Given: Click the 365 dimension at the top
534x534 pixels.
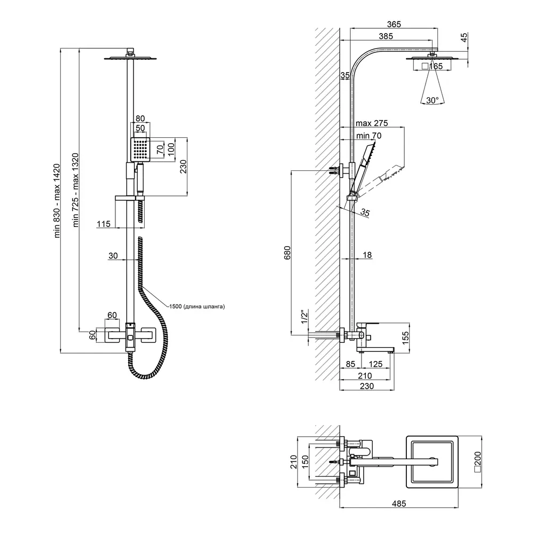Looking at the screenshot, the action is tap(394, 25).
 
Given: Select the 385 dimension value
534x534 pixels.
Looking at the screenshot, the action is tap(386, 36).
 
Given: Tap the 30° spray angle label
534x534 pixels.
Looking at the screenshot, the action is tap(432, 100).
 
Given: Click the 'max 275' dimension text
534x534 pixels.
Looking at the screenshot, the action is tap(372, 123).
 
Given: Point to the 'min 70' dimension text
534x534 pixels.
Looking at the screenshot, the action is tap(369, 136).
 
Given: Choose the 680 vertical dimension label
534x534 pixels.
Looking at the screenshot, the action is tap(287, 253).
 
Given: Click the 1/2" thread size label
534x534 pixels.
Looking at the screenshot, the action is tap(304, 317).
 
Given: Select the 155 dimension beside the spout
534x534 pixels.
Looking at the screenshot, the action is tap(405, 338).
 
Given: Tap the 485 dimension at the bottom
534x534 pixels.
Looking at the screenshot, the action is tap(399, 504).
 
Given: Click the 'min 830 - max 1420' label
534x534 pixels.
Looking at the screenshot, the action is tap(57, 201).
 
